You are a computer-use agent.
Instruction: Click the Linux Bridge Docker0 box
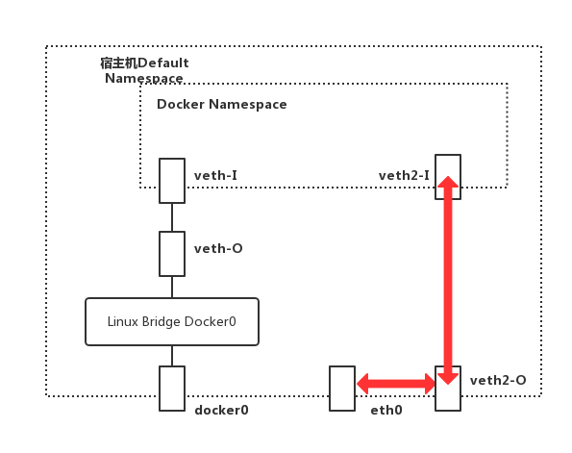[x=172, y=321]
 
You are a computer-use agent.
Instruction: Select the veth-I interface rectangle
[x=172, y=181]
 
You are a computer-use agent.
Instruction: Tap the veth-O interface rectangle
[x=172, y=253]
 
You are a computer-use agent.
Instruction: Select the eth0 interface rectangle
[x=341, y=389]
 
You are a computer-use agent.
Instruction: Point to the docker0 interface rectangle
[x=172, y=389]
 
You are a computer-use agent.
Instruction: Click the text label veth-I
[x=216, y=176]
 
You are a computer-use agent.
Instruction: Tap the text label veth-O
[x=218, y=249]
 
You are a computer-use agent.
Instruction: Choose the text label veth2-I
[x=404, y=175]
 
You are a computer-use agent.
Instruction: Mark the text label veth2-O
[x=498, y=381]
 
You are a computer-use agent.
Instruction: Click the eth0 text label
[x=385, y=410]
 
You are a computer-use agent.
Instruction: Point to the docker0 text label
[x=221, y=410]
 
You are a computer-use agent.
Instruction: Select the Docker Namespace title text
[x=221, y=104]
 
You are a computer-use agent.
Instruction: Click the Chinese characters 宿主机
[x=118, y=63]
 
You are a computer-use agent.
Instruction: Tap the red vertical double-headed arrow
[x=448, y=279]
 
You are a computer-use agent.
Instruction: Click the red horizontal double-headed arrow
[x=395, y=385]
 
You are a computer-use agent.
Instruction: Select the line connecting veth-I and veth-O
[x=172, y=217]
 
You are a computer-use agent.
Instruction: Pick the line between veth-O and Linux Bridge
[x=172, y=287]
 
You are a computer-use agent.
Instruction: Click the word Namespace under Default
[x=143, y=78]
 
